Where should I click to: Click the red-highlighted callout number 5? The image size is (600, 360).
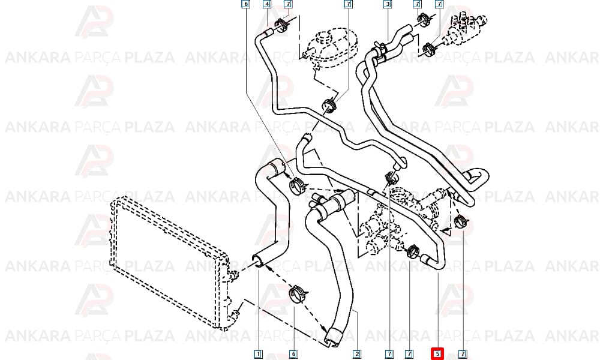[x=437, y=354]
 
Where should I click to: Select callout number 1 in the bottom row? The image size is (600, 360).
[x=258, y=354]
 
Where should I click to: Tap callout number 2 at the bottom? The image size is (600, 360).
[x=356, y=354]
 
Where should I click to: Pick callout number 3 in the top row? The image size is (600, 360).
[x=388, y=4]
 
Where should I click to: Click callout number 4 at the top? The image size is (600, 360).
[x=267, y=4]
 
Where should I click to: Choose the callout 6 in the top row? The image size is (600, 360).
[x=245, y=4]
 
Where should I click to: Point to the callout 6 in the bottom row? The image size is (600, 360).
[x=293, y=354]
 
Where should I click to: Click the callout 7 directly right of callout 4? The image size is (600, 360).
[x=288, y=4]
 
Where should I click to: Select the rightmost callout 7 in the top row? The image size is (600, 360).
[x=439, y=4]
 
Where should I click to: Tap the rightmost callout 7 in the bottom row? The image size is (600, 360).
[x=463, y=354]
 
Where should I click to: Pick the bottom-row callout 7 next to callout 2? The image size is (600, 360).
[x=389, y=354]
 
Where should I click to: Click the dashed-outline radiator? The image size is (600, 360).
[x=170, y=260]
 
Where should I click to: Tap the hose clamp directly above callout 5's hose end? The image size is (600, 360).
[x=413, y=251]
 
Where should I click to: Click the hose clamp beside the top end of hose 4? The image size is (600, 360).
[x=283, y=23]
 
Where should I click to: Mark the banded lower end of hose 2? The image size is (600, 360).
[x=332, y=336]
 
